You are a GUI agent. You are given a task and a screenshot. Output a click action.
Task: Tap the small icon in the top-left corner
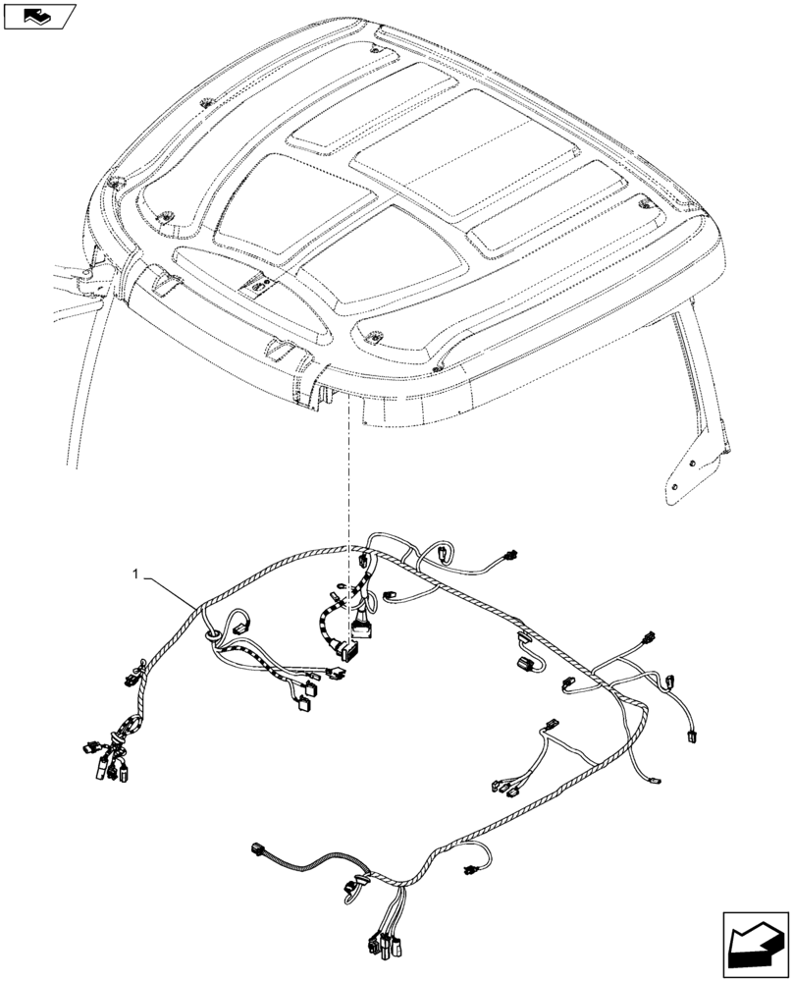38,16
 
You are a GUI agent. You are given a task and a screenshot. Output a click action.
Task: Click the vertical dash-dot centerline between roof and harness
347,491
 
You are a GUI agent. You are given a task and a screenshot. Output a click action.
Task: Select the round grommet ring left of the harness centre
213,639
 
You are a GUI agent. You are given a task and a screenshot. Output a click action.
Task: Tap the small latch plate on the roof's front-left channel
259,285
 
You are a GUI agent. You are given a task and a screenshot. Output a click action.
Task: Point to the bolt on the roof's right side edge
646,203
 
